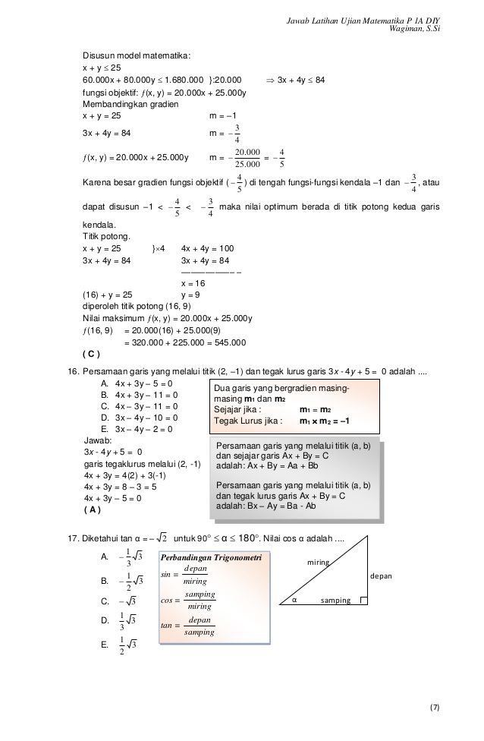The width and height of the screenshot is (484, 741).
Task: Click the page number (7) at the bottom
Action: (434, 708)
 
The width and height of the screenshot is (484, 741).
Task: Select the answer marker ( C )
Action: (91, 354)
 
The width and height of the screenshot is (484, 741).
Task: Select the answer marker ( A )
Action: (91, 509)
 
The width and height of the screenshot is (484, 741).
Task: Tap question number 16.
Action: (74, 372)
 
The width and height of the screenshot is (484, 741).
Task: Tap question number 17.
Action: (74, 539)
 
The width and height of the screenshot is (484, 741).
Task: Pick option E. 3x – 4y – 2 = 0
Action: (137, 429)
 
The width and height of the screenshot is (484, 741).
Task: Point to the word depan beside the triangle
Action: (381, 577)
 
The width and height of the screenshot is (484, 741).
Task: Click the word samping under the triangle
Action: (336, 601)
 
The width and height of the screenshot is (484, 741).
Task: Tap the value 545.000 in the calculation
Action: (228, 342)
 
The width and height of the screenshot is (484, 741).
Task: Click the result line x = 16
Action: (193, 282)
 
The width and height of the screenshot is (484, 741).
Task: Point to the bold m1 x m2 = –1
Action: (324, 421)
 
